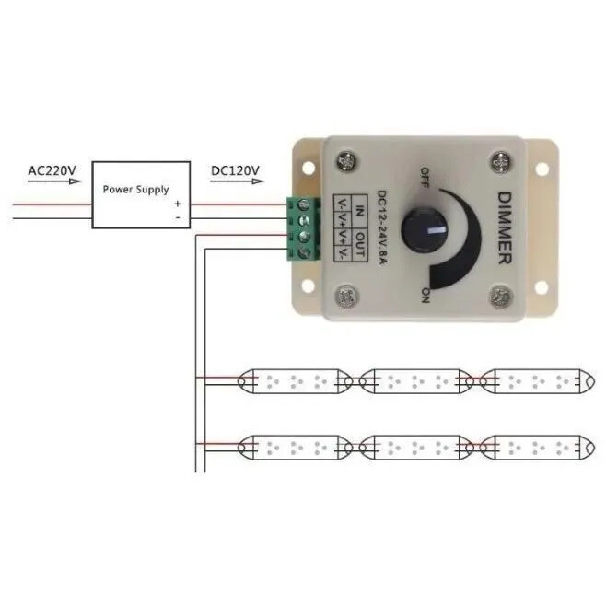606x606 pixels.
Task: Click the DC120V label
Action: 236,170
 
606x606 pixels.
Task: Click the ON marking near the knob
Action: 425,294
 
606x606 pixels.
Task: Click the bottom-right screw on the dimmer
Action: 499,297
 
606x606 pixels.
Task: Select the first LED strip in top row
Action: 296,379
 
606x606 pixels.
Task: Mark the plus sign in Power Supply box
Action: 178,204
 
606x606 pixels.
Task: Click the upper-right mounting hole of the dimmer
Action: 542,168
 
